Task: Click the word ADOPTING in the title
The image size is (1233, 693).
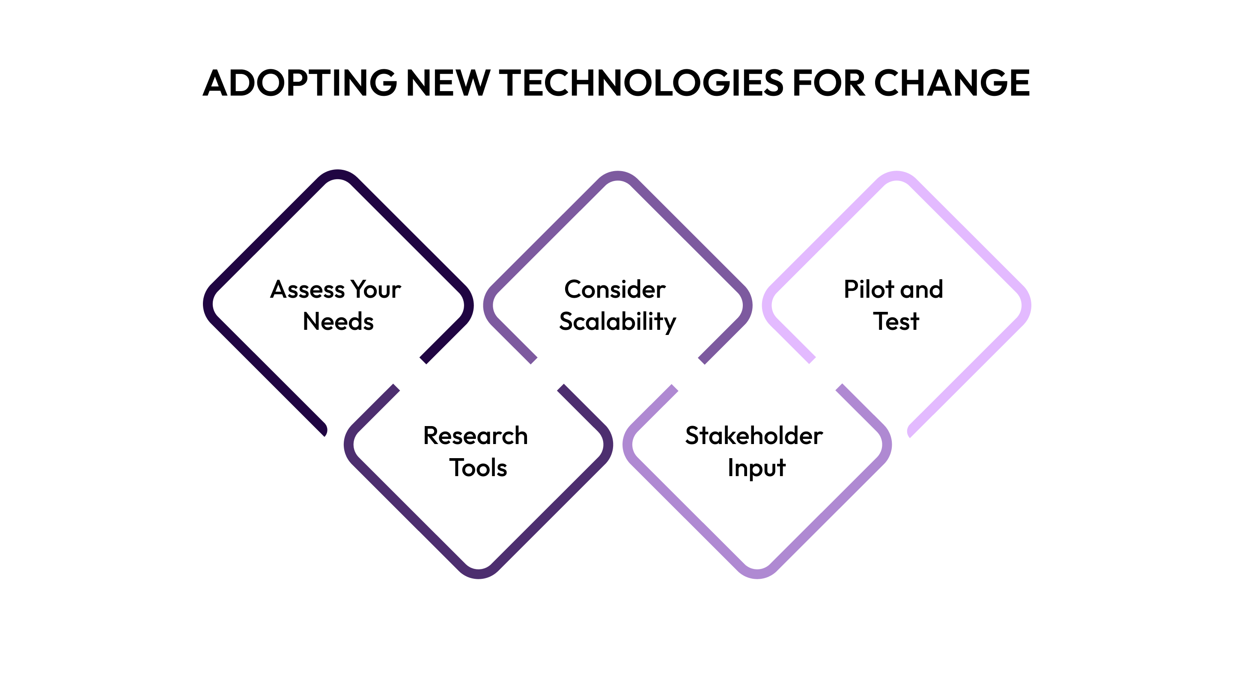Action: [300, 83]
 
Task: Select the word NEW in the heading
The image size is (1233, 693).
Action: [447, 83]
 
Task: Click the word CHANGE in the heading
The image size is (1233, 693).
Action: [952, 83]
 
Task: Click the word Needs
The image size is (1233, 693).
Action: [338, 321]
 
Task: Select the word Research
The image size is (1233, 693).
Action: [475, 436]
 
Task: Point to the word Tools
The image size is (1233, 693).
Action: [478, 468]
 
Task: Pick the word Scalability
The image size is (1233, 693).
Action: [617, 322]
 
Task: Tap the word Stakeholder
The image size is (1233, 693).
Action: [754, 436]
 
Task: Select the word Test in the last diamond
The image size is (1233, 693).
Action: [896, 321]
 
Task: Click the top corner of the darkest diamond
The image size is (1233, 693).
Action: [338, 174]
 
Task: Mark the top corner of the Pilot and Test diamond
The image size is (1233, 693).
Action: [896, 175]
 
